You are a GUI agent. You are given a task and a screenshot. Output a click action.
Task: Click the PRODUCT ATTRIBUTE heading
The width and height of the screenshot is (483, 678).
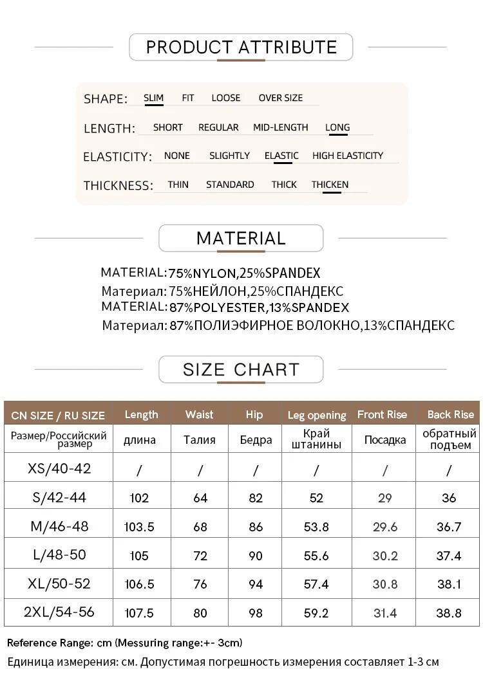[241, 47]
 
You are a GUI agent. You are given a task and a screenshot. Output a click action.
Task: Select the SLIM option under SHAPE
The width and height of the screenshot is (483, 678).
[153, 98]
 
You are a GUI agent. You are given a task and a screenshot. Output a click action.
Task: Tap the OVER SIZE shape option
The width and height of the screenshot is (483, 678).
[280, 98]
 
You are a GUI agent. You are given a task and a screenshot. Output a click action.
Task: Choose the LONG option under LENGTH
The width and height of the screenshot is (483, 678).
[337, 127]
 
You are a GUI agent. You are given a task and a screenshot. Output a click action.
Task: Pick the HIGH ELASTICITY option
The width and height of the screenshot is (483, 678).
[347, 155]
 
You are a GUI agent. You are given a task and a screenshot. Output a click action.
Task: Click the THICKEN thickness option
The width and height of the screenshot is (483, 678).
[330, 184]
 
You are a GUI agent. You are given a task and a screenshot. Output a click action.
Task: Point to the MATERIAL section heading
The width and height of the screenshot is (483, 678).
[241, 238]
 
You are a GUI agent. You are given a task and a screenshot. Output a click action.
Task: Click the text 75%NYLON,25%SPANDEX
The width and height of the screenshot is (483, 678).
[244, 273]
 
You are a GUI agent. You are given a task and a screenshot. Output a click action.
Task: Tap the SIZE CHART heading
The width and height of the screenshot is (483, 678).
[241, 369]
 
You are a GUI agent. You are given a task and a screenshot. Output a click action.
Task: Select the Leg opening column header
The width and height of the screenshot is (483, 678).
[316, 415]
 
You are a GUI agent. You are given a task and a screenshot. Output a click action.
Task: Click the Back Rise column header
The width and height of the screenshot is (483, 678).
[450, 414]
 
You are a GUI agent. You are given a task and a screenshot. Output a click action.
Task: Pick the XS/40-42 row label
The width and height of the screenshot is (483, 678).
[59, 468]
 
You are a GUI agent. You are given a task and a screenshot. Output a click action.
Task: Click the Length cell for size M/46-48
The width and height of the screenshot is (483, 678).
[139, 527]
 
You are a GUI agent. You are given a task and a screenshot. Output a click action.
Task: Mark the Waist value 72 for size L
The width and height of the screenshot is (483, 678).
[200, 556]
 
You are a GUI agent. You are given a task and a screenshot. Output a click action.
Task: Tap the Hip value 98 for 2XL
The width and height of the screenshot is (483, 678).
[256, 613]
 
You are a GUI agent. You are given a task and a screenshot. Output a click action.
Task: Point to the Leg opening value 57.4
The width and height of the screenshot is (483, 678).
[316, 584]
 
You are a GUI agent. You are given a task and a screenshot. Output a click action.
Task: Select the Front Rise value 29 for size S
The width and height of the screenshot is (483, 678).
[385, 498]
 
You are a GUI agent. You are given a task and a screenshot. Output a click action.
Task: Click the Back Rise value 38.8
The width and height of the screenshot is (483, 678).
[449, 613]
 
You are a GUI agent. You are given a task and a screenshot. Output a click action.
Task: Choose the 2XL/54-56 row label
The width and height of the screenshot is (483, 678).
[59, 612]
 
